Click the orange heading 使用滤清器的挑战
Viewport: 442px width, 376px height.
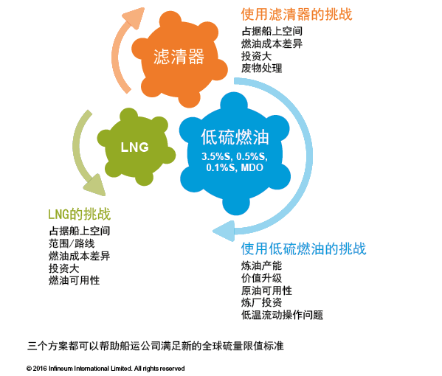[297, 14]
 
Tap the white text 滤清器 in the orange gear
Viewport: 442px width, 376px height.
[179, 57]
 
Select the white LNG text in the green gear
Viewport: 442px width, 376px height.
[135, 147]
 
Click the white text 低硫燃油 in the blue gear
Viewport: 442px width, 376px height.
[235, 137]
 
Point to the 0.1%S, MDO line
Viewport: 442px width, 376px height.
[235, 167]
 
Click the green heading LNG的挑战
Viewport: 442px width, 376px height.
[79, 214]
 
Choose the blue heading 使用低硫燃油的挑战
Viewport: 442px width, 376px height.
[303, 248]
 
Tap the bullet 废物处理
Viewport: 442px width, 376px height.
[262, 68]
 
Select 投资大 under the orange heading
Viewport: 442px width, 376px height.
[256, 56]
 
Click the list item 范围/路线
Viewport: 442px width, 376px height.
[72, 243]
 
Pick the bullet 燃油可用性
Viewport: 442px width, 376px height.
[74, 280]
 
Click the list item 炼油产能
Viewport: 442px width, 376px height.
[261, 265]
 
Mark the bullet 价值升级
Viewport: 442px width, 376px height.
[261, 278]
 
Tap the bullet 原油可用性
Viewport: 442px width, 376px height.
[266, 290]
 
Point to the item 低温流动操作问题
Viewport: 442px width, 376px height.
[282, 315]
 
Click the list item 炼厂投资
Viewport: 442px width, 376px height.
[261, 302]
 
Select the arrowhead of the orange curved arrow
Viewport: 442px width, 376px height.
[135, 18]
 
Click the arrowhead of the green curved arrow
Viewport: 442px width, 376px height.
[95, 186]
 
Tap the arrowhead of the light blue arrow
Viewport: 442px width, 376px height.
[224, 231]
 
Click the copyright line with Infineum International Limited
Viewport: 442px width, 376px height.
[106, 369]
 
